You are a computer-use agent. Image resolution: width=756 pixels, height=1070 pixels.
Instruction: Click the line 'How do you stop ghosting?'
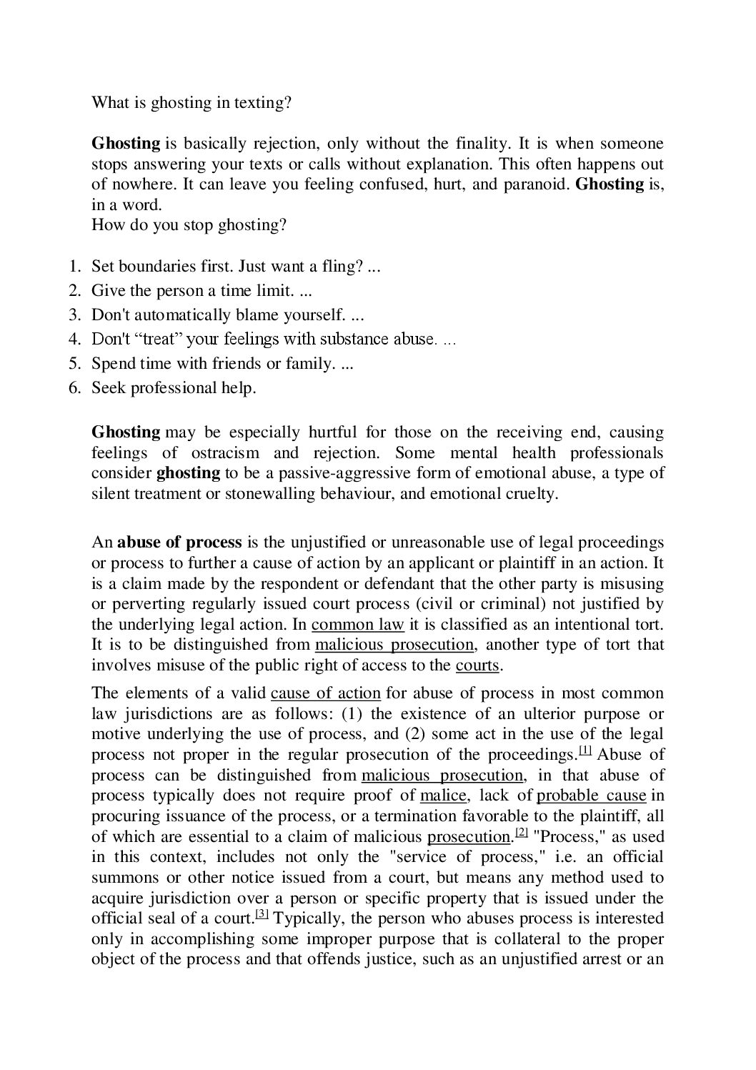click(x=189, y=224)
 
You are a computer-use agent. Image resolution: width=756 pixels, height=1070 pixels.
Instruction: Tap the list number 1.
click(x=74, y=267)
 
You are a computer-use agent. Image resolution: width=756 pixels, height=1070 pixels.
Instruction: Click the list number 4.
click(x=74, y=339)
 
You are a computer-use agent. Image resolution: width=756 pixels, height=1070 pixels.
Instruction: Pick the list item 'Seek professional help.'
click(x=174, y=387)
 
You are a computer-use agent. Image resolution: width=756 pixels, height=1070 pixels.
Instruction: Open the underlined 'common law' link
click(x=358, y=624)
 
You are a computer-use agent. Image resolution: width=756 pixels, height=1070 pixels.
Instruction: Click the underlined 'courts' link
click(x=477, y=665)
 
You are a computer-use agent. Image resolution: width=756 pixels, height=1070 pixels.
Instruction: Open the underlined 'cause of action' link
click(x=326, y=693)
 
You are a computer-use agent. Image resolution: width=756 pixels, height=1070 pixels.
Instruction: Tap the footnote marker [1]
click(x=585, y=750)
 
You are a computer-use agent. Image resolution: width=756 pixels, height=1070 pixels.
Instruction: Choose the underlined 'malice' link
click(x=443, y=796)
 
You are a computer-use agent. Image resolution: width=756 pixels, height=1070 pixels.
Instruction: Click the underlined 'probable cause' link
click(x=591, y=796)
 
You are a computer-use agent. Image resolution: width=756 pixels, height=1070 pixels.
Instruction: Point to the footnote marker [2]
click(x=521, y=832)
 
